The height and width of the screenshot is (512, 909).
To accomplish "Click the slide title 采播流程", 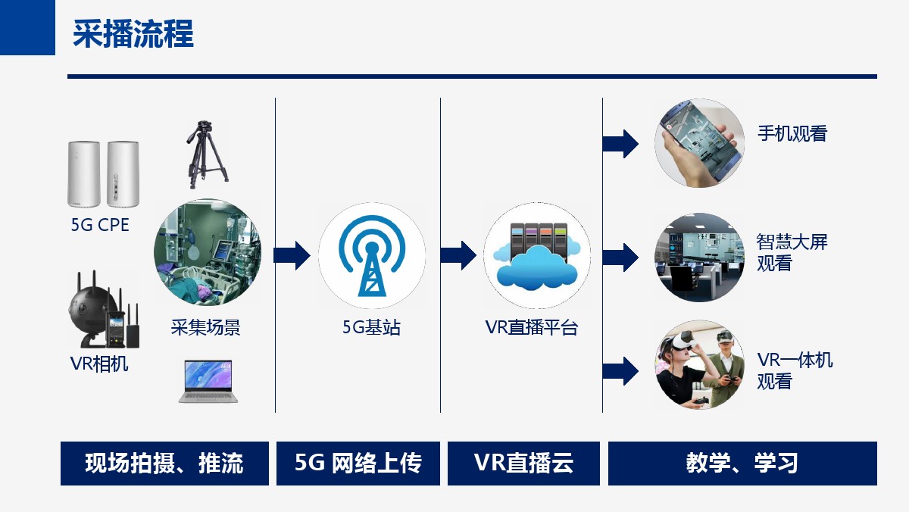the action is (133, 34).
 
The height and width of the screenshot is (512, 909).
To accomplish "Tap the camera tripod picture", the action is (208, 155).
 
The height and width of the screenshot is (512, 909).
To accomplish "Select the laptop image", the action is (208, 382).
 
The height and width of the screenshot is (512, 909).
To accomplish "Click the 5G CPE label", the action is (100, 225).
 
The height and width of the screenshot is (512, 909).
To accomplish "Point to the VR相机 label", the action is (99, 364).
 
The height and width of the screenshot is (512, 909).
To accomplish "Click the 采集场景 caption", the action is (205, 327).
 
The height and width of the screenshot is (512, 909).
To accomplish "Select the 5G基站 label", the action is (371, 327).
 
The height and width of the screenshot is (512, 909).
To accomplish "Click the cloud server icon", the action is (537, 256).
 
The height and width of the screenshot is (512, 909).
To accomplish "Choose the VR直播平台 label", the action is (531, 327).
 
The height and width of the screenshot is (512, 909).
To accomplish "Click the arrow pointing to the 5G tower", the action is (292, 255).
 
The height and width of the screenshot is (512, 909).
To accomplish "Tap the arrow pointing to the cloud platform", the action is (458, 255).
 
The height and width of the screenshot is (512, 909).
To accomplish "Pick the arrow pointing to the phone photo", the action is (620, 144).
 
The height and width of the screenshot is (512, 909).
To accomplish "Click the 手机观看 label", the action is (792, 133).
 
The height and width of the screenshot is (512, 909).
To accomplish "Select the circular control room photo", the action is (699, 258).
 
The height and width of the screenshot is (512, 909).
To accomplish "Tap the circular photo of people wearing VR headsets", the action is (699, 364).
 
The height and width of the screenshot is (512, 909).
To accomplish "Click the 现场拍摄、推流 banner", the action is (164, 464).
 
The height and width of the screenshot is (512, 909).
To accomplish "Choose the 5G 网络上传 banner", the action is (358, 464).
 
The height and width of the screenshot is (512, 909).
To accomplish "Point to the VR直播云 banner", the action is (523, 464).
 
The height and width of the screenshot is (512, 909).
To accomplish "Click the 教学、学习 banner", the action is (742, 464).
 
